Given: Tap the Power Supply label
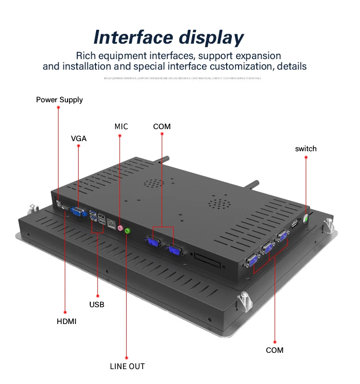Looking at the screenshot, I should tap(60, 100).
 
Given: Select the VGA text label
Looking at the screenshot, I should tap(79, 138).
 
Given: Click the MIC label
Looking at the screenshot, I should tap(121, 127).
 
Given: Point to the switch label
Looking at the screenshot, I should tap(306, 149).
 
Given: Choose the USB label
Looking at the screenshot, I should tap(96, 304).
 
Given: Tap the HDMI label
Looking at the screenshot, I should tap(66, 321).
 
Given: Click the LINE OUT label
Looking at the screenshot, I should tap(127, 366).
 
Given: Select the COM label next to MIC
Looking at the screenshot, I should tap(162, 127).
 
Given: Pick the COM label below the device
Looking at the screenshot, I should tap(275, 350).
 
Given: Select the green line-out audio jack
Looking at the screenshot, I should tap(128, 231).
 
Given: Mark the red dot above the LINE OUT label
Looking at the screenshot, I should tap(127, 357).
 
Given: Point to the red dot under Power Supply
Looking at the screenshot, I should tap(58, 108).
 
